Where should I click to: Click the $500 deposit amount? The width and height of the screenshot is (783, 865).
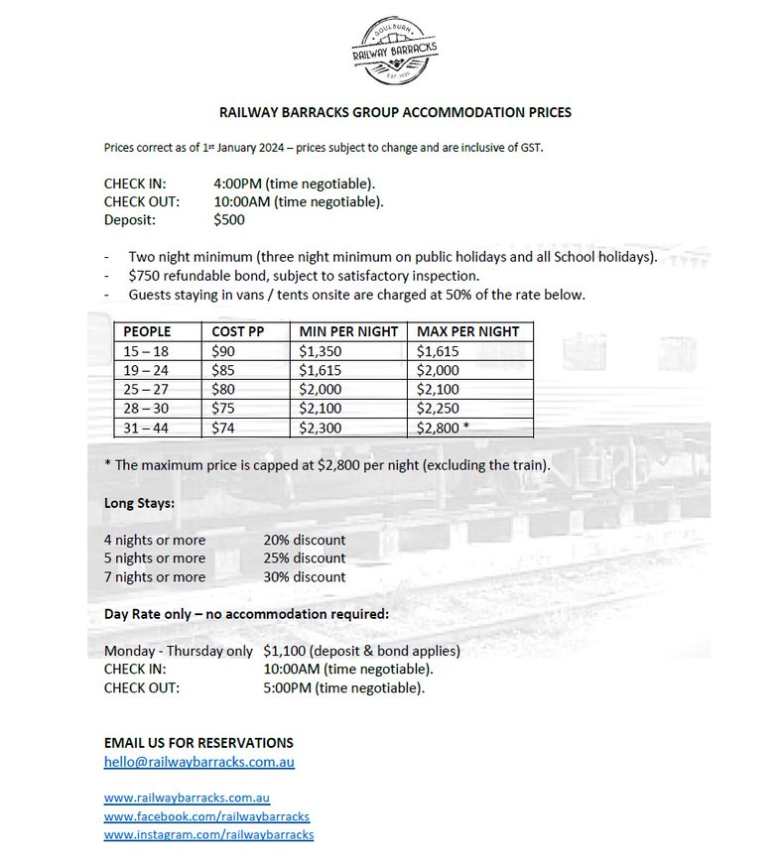(229, 220)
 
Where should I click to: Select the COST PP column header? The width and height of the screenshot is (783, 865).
(237, 331)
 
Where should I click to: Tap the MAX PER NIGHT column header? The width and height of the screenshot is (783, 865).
(467, 331)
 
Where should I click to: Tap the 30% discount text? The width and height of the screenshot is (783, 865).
(305, 576)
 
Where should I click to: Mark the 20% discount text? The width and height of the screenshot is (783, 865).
(305, 540)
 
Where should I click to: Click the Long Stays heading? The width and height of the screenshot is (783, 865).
(139, 503)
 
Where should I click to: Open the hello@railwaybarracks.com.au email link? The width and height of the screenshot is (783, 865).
(198, 762)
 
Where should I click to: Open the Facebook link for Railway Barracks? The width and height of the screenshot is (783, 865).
(206, 816)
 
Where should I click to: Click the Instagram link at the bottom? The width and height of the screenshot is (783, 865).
(208, 835)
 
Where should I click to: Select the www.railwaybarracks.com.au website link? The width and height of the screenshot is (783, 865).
(187, 798)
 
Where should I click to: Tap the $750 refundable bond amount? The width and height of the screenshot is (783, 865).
(145, 276)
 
